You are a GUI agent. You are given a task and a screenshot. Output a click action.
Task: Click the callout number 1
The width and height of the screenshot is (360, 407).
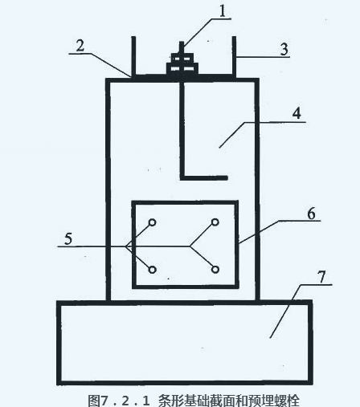click(223, 11)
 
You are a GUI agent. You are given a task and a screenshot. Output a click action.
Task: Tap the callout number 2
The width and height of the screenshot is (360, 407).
click(80, 46)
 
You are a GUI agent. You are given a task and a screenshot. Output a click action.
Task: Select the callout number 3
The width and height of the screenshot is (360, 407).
click(284, 49)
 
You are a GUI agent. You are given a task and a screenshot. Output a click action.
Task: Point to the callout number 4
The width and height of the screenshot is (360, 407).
click(297, 113)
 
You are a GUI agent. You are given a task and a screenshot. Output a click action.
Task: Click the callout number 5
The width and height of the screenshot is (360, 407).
click(68, 238)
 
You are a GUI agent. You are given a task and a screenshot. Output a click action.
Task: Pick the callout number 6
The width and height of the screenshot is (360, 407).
click(311, 214)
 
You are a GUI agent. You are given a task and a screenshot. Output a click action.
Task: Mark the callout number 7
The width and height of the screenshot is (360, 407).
click(322, 277)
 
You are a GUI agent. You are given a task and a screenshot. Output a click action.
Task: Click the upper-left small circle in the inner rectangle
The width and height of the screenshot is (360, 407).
click(153, 222)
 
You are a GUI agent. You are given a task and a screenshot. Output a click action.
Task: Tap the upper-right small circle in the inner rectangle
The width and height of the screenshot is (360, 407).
click(215, 222)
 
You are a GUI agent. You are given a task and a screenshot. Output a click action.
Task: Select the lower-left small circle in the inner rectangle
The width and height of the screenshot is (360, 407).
click(153, 270)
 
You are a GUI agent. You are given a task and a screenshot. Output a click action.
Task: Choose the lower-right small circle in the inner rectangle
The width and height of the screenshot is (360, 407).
click(215, 270)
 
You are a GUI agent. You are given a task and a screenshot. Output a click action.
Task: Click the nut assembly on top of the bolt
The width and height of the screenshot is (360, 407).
click(182, 63)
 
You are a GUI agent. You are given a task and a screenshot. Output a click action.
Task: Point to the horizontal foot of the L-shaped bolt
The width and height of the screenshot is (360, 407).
click(204, 177)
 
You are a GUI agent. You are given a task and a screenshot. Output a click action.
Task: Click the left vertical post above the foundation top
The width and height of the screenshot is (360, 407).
click(133, 56)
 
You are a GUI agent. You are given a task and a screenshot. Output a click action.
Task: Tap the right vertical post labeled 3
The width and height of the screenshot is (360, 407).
click(234, 56)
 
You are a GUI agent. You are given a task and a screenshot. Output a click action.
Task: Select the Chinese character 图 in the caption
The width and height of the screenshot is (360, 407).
click(94, 401)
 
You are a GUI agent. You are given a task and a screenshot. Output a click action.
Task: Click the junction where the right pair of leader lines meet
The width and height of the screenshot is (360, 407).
click(190, 246)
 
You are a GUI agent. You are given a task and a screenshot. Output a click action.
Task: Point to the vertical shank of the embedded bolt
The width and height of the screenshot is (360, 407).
click(182, 129)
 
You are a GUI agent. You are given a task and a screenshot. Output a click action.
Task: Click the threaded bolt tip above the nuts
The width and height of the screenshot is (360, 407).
click(182, 47)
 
